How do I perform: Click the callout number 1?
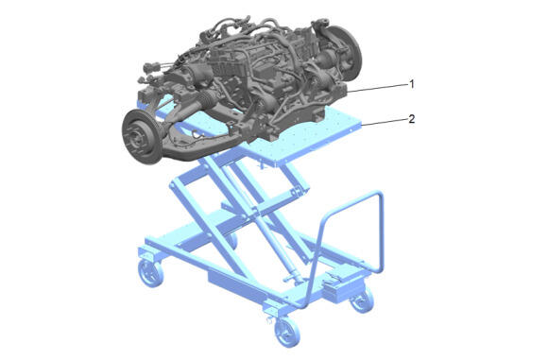[x=412, y=84]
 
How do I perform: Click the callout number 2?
[x=412, y=119]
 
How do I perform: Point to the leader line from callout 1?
[x=378, y=88]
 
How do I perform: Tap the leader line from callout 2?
[x=385, y=122]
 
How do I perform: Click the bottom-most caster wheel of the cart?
[x=287, y=333]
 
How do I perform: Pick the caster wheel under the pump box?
[x=363, y=300]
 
